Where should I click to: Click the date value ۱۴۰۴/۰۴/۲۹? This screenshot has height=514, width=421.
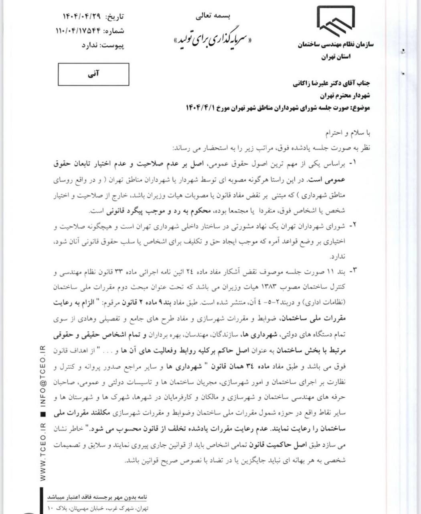(82, 17)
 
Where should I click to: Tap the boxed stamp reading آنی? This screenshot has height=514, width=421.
(93, 75)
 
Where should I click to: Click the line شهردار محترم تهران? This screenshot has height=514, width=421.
(345, 96)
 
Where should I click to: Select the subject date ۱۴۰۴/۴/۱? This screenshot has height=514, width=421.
(200, 108)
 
